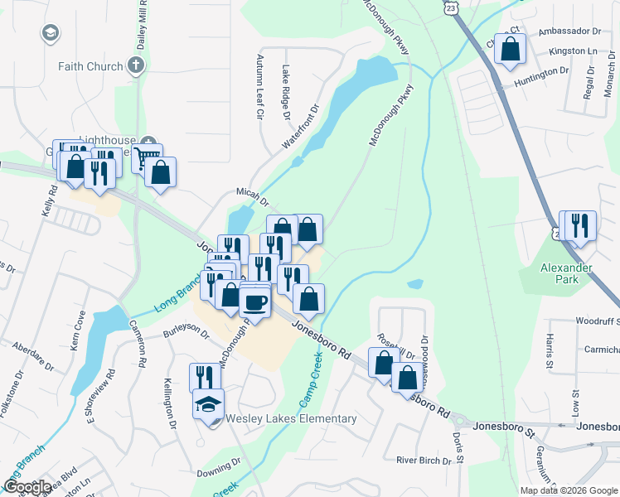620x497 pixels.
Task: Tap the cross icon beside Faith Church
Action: coord(136,66)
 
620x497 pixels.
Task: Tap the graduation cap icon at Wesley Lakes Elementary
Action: coord(208,403)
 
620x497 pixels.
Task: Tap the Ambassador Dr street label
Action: coord(569,31)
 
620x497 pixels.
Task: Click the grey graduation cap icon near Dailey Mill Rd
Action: coord(51,33)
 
